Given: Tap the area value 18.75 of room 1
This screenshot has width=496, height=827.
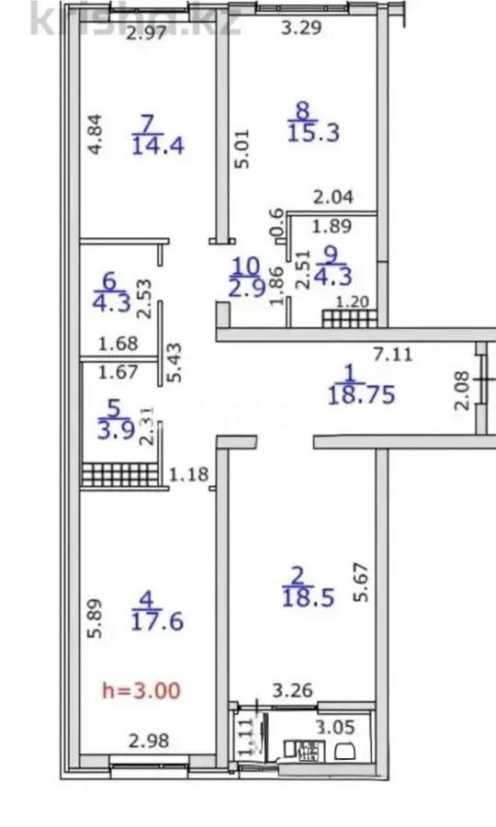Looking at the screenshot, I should [x=361, y=395].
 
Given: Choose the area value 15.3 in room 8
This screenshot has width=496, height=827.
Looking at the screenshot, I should [x=314, y=132].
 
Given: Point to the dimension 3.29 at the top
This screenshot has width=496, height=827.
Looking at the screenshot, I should [x=301, y=28].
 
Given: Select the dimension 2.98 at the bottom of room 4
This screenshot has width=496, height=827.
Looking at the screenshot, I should [x=148, y=742].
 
